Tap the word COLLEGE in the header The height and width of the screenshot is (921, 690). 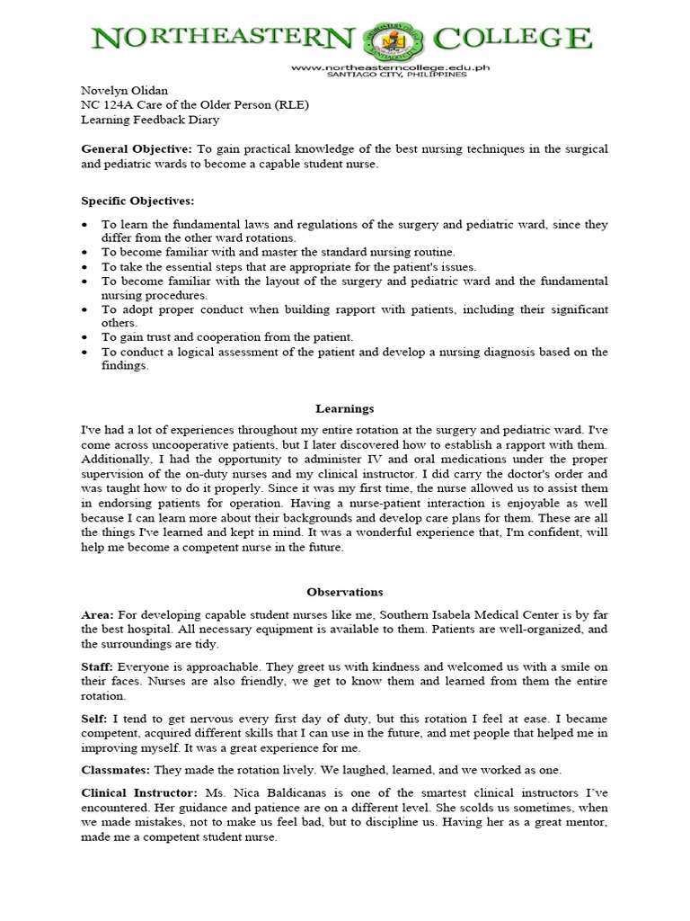pyautogui.click(x=513, y=40)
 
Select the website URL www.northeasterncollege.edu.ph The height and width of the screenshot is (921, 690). pyautogui.click(x=378, y=67)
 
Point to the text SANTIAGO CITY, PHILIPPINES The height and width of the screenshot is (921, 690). pyautogui.click(x=378, y=76)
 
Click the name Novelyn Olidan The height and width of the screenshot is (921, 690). pyautogui.click(x=119, y=91)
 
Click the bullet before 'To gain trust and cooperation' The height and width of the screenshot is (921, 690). pyautogui.click(x=84, y=337)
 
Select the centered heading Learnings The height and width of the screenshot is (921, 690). pyautogui.click(x=344, y=408)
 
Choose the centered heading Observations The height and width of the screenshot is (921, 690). pyautogui.click(x=344, y=592)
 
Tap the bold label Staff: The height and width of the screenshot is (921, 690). pyautogui.click(x=97, y=666)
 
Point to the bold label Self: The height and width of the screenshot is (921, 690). pyautogui.click(x=95, y=720)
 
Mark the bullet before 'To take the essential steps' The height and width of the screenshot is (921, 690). pyautogui.click(x=84, y=268)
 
